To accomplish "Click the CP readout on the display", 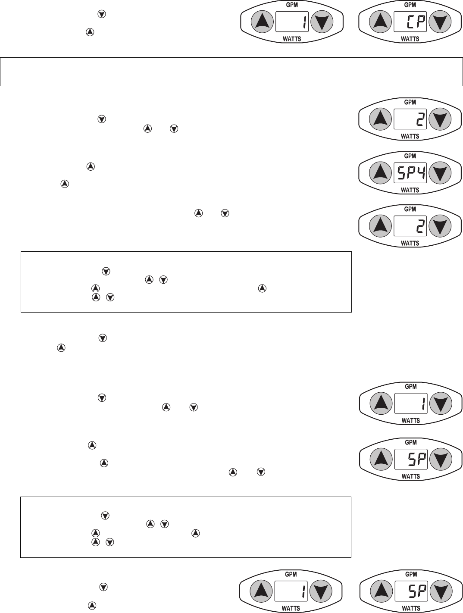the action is [x=410, y=22].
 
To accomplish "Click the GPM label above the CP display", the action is [x=410, y=5].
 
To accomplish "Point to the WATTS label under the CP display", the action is [x=410, y=39].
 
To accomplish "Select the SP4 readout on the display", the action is [x=410, y=173].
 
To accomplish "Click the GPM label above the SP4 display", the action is [x=410, y=156].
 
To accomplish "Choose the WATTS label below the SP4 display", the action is [x=410, y=190].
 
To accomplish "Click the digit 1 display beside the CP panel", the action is [x=292, y=22].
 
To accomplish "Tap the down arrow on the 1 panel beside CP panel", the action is [x=322, y=22].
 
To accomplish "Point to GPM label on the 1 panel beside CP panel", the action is [x=292, y=5].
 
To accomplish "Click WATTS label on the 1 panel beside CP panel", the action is [x=292, y=39].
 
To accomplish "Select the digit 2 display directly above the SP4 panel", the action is [x=410, y=119].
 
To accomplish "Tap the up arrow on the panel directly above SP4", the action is [x=380, y=119].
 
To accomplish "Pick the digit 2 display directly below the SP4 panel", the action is [x=410, y=226].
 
